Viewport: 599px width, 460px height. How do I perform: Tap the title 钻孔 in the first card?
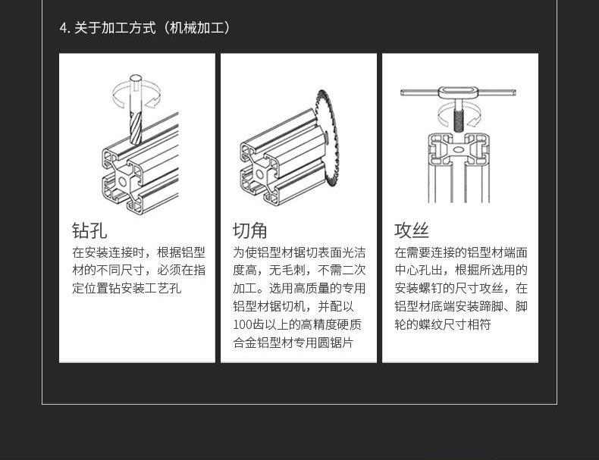(89, 230)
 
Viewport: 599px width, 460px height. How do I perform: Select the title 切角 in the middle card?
(249, 230)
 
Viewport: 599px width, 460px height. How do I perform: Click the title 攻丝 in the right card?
(412, 230)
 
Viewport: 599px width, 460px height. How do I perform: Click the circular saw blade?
(328, 144)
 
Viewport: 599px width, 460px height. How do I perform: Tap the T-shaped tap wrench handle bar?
(458, 93)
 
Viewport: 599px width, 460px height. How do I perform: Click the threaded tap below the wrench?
(459, 117)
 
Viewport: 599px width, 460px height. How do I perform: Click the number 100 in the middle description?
(243, 325)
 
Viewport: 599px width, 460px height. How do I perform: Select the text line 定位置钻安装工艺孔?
(127, 289)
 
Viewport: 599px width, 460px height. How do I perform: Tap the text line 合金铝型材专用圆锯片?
(293, 343)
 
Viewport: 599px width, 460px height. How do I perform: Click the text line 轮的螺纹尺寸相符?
(442, 325)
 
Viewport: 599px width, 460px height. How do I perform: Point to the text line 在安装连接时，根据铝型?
(138, 252)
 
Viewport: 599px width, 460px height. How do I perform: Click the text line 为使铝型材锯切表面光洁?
(299, 252)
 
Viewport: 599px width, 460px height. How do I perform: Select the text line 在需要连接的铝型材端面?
(460, 252)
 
